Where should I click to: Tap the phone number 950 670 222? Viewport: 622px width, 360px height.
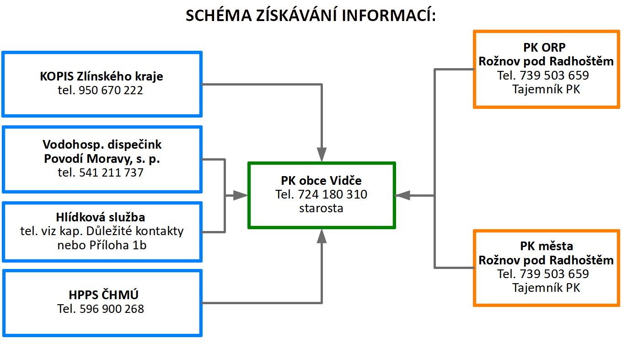[111, 90]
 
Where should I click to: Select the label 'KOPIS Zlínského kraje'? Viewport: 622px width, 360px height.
[102, 76]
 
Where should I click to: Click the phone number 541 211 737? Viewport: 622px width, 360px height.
[111, 172]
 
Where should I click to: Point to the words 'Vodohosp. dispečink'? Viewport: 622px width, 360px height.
[102, 145]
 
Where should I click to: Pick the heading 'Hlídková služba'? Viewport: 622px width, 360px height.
[101, 217]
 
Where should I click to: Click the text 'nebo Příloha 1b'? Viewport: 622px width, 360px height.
[102, 245]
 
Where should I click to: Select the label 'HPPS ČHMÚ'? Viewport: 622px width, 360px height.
[103, 295]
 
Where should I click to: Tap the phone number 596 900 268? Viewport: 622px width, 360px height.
[112, 309]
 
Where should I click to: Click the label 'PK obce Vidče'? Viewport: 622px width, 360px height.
[321, 181]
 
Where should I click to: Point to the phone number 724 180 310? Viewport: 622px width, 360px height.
[332, 194]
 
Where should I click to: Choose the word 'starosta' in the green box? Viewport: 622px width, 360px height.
[321, 208]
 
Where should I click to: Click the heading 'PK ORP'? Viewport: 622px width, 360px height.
[544, 48]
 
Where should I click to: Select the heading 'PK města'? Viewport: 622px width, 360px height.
[547, 246]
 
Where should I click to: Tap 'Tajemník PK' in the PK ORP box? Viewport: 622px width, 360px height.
[546, 90]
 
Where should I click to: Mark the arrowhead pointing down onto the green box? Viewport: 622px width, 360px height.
[322, 154]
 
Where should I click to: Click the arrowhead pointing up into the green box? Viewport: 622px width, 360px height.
[322, 236]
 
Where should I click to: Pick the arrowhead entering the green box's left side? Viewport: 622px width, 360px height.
[240, 195]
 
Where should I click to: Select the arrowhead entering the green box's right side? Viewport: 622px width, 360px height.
[402, 195]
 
